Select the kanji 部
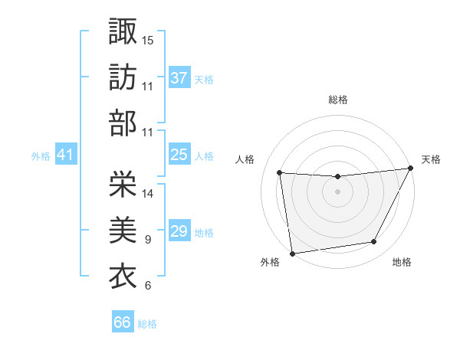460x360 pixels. [x=123, y=122]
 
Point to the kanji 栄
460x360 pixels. [x=123, y=182]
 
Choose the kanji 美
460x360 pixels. [x=123, y=228]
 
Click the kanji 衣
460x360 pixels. [x=123, y=274]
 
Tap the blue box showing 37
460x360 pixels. [x=179, y=77]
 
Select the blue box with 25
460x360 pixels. [x=179, y=155]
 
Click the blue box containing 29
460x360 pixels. [x=179, y=231]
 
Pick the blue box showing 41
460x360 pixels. [x=65, y=155]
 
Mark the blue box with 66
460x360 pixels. [x=123, y=322]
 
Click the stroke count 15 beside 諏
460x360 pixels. [x=148, y=39]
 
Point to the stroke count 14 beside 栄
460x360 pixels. [x=148, y=194]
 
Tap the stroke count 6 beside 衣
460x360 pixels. [x=147, y=286]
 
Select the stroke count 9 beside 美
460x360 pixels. [x=147, y=240]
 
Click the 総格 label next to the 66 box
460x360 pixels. [x=147, y=324]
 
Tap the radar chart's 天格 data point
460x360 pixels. [x=411, y=169]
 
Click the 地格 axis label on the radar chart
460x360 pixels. [x=402, y=263]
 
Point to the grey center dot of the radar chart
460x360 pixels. [x=337, y=191]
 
